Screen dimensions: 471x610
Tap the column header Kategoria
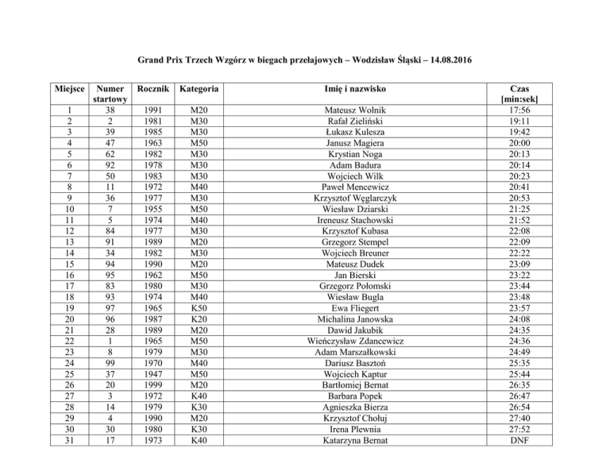(199, 88)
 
